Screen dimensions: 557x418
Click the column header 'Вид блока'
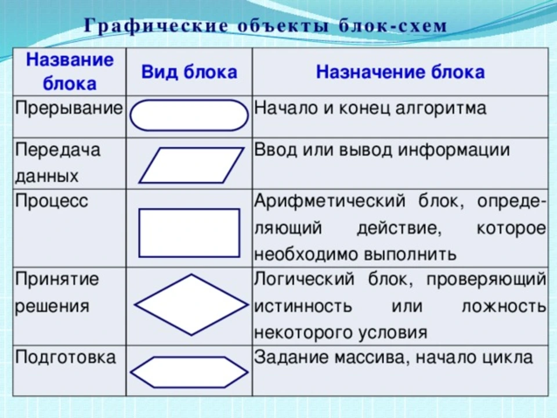coord(189,72)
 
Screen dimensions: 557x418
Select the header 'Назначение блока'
coord(400,72)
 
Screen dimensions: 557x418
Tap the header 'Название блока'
coord(70,71)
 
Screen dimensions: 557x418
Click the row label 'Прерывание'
coord(69,108)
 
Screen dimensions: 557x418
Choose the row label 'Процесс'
coord(52,201)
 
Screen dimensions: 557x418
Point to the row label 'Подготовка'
coord(66,357)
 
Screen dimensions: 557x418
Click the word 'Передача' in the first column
coord(58,150)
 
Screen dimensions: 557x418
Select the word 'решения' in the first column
coord(52,307)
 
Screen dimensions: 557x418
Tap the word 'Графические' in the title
coord(156,26)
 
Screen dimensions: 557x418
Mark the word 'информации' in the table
coord(454,150)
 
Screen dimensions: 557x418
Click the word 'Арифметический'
coord(330,201)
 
